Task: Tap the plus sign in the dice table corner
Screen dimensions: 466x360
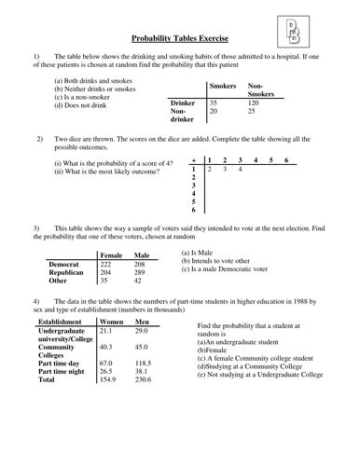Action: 193,160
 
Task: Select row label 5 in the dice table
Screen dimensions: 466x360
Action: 193,200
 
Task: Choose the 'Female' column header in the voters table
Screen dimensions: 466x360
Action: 110,254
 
